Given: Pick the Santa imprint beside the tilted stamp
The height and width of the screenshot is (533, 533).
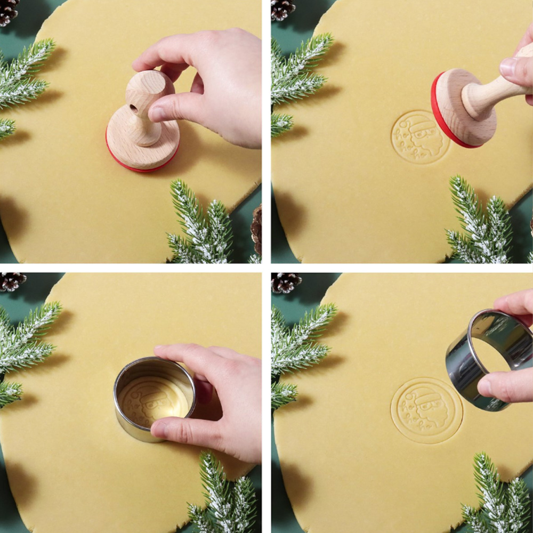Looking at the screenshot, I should pyautogui.click(x=420, y=137).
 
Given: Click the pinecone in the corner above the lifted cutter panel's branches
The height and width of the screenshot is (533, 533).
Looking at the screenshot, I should pyautogui.click(x=286, y=282).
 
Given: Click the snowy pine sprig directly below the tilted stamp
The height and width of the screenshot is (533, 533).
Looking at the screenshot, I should pyautogui.click(x=480, y=224).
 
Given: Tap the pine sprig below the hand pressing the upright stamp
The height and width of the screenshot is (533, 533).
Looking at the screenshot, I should pyautogui.click(x=200, y=224).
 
